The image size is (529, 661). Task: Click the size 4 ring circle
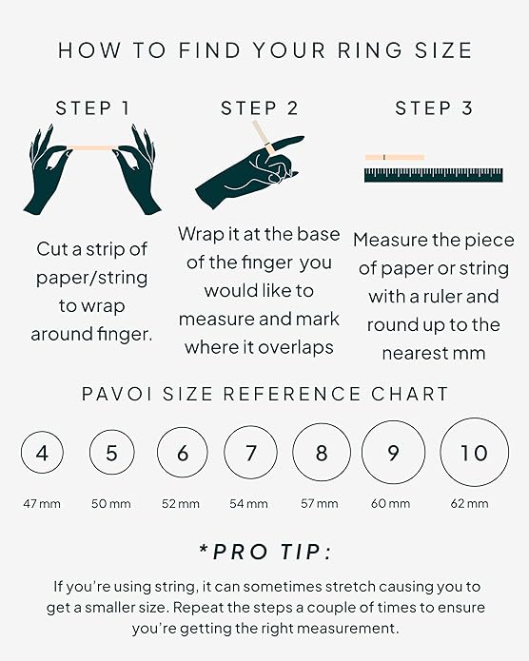click(42, 453)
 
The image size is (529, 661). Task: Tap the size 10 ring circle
click(474, 453)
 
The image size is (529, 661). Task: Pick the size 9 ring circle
click(393, 453)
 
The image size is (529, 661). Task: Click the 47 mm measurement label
click(42, 503)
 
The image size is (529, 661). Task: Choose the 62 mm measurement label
click(470, 503)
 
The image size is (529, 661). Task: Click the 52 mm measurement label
click(182, 503)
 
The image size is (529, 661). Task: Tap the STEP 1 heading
click(93, 108)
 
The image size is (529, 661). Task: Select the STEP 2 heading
click(260, 108)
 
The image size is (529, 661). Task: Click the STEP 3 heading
click(434, 108)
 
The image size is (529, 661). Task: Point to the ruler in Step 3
click(434, 174)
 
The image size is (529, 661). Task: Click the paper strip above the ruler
click(394, 157)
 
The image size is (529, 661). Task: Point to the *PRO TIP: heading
click(264, 553)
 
